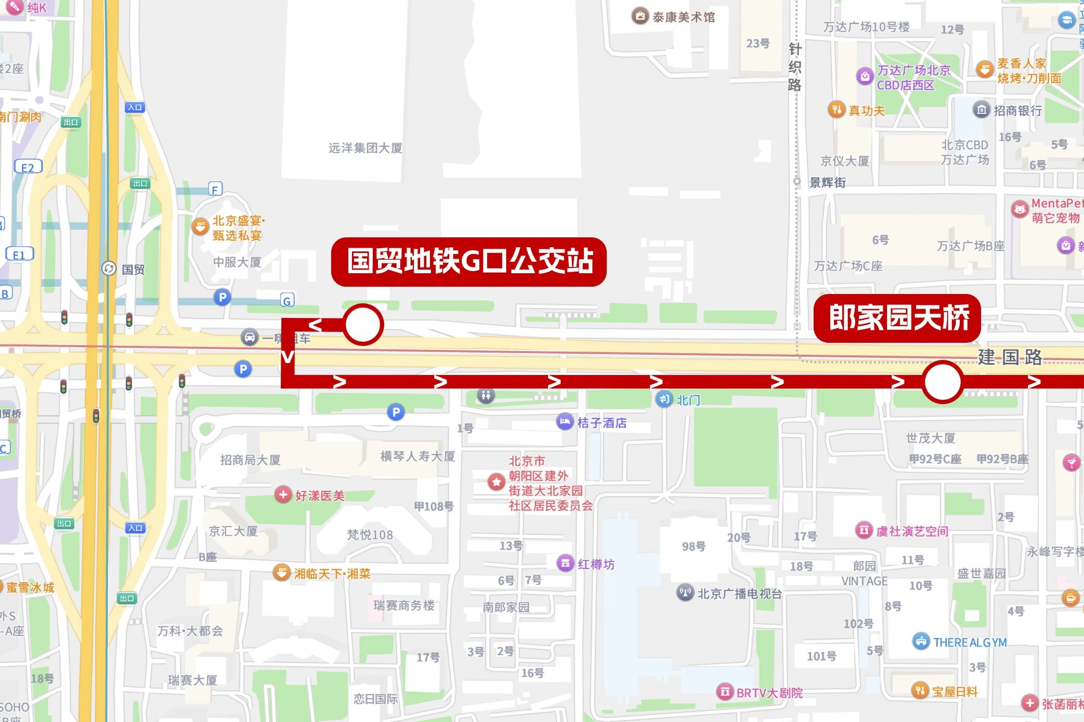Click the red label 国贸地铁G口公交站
tap(468, 261)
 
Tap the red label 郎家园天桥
tap(897, 318)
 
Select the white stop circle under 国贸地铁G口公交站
tap(363, 325)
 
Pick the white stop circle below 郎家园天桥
tap(942, 382)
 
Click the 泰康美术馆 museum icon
tap(639, 17)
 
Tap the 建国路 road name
tap(1010, 357)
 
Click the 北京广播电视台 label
tap(739, 594)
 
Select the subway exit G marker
tap(287, 300)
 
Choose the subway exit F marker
tap(215, 189)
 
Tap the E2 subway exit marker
tap(28, 167)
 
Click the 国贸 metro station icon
tap(109, 269)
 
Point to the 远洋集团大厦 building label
tap(365, 148)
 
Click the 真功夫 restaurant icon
tap(836, 110)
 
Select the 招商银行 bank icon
tap(981, 110)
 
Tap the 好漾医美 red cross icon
tap(283, 494)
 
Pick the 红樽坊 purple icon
tap(565, 563)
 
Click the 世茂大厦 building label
tap(931, 438)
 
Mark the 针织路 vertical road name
tap(794, 67)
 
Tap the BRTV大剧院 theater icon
tap(725, 691)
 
